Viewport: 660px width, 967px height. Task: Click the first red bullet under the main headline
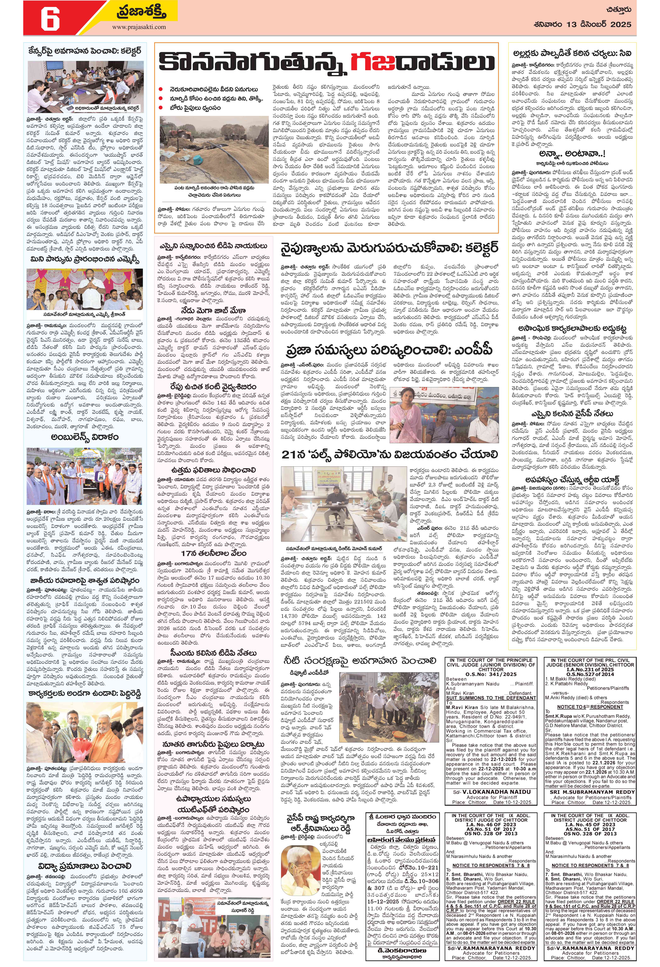tap(161, 89)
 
